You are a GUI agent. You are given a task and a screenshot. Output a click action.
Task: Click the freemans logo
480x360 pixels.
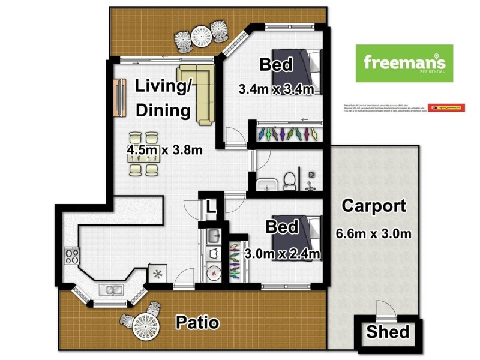pos(404,63)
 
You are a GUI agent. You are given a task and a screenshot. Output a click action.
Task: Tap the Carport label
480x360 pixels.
pos(373,206)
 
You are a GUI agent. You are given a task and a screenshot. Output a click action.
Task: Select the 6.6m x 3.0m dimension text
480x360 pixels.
pos(373,233)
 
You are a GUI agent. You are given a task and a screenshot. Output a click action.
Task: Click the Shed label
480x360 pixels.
pos(388,332)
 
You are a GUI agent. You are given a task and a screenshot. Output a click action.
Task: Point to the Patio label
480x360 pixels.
pos(197,323)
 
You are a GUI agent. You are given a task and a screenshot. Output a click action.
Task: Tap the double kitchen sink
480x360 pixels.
pos(112,291)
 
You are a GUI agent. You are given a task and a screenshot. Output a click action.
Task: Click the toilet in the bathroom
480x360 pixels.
pos(289,180)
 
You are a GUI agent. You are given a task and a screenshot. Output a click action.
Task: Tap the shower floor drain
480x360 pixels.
pos(312,175)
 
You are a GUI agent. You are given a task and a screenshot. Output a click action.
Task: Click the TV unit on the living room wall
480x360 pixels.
pos(119,97)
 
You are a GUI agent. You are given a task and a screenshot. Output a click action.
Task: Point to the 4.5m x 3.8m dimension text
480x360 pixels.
pos(164,149)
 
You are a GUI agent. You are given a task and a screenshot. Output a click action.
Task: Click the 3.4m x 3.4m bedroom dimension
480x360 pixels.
pos(276,90)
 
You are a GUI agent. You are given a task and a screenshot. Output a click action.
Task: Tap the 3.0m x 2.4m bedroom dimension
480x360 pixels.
pos(282,253)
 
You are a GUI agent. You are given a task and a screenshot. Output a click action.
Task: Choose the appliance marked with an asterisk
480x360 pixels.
pos(158,274)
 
